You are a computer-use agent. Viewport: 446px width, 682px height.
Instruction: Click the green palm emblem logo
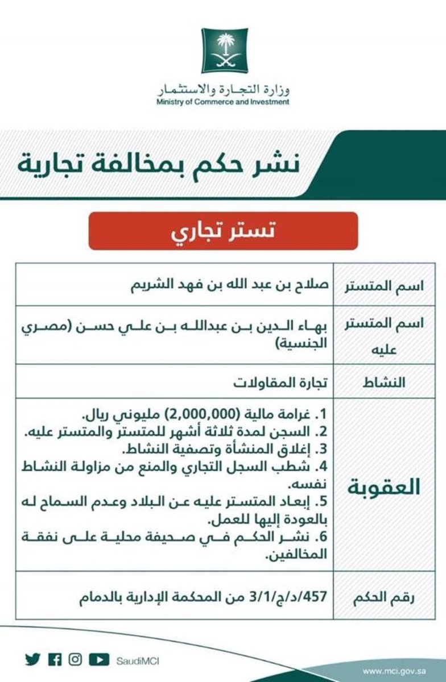tap(224, 52)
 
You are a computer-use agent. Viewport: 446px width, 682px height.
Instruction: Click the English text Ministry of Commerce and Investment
tap(223, 102)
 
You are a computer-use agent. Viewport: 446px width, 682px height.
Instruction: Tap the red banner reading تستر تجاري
tap(223, 231)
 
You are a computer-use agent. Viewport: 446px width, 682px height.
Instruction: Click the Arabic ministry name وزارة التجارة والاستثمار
tap(223, 90)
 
